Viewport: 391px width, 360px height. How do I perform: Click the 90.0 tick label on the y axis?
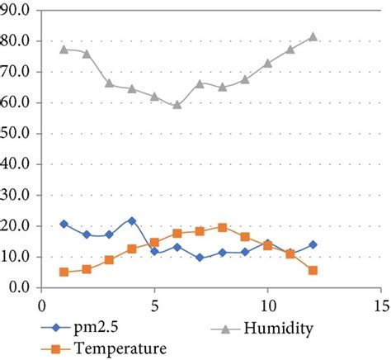point(17,11)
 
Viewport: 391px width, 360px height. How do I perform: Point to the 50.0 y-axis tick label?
point(17,134)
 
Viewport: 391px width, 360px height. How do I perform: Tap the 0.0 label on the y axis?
point(20,287)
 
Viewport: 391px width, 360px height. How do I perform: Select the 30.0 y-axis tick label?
point(17,195)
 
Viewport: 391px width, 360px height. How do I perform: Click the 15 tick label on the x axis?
point(379,304)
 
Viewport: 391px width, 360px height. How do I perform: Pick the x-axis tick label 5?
point(154,304)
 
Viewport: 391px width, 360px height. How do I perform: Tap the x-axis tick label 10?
point(266,304)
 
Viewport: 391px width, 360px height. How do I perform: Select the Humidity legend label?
point(279,329)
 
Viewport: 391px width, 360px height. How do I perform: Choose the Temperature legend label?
point(120,348)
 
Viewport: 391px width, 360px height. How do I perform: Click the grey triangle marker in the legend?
point(225,329)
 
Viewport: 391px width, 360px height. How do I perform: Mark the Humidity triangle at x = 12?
point(313,37)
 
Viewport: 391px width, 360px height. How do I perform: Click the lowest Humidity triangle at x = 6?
point(177,105)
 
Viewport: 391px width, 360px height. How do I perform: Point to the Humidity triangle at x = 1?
point(64,50)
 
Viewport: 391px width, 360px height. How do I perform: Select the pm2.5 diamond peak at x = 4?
point(132,221)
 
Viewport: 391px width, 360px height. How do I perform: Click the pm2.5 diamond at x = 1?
point(64,224)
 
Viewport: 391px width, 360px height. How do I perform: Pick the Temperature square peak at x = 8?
point(222,227)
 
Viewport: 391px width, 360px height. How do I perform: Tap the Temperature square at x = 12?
point(313,270)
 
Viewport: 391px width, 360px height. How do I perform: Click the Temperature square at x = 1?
point(64,272)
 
